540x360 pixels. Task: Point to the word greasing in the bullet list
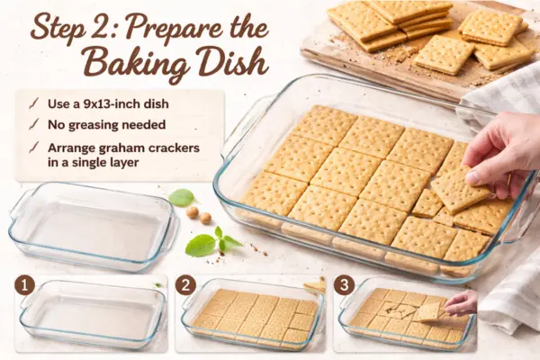[x=95, y=125]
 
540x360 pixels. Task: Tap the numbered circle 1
[x=24, y=285]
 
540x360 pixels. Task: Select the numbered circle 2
[x=185, y=285]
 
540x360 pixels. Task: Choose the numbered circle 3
[x=344, y=285]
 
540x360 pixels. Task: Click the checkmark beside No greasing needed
[x=34, y=125]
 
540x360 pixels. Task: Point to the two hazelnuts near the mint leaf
[x=199, y=215]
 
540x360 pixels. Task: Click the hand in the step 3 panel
[x=461, y=302]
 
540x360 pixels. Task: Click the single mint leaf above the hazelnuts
[x=182, y=198]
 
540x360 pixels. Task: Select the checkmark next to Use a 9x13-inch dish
[x=34, y=103]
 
